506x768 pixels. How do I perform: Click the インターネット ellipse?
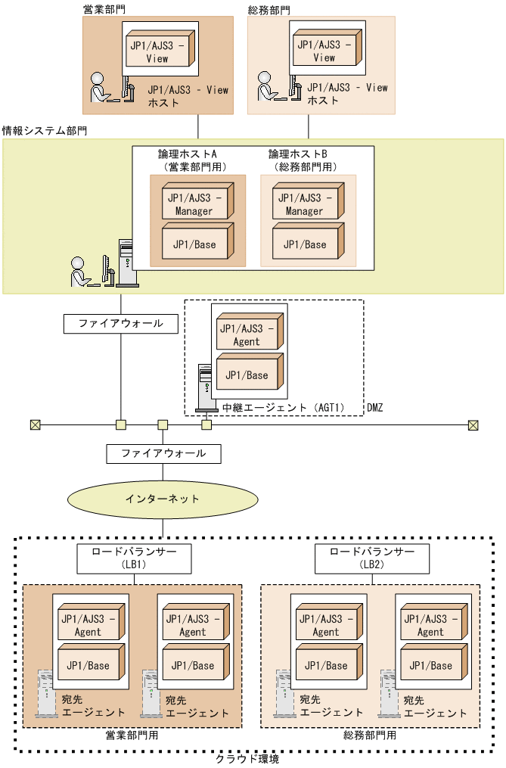coord(162,499)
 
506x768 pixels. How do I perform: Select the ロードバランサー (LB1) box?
coord(134,558)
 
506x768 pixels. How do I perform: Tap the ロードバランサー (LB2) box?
coord(372,558)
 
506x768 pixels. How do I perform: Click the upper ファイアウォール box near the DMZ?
coord(120,324)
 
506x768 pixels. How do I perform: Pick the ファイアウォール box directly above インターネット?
coord(163,454)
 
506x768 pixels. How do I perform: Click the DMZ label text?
coord(375,408)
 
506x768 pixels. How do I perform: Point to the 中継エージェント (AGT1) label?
coord(284,408)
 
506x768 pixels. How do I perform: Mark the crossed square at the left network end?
coord(35,424)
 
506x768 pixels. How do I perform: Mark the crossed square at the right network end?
coord(473,424)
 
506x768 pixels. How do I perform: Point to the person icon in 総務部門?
coord(267,87)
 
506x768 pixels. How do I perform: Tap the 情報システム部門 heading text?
coord(45,130)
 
